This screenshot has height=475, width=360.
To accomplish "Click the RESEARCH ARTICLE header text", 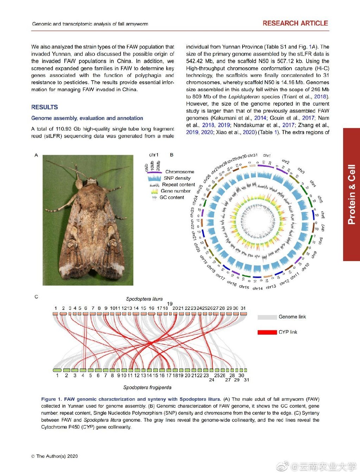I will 295,23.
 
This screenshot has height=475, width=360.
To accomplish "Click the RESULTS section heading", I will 45,107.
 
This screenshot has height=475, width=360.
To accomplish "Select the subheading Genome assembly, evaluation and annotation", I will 87,118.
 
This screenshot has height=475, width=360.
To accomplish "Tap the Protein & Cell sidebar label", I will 351,194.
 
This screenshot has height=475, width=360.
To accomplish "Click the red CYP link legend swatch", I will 267,332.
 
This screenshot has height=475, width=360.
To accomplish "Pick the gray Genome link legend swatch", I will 267,317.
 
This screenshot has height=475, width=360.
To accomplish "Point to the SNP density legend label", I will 177,178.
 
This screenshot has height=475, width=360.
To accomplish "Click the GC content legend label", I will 172,197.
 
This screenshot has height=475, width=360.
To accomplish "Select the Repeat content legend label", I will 178,185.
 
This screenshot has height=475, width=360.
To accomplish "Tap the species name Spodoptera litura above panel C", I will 144,299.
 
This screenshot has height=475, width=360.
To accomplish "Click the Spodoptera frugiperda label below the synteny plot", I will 147,387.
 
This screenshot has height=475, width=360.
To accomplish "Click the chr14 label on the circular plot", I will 258,289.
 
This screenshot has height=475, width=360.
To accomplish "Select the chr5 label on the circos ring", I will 320,199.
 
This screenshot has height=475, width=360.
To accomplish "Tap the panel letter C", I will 36,297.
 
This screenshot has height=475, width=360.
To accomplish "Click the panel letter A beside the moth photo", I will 36,155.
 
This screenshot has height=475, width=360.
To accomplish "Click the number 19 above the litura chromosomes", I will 170,304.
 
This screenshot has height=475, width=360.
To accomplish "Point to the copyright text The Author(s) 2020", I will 54,456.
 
